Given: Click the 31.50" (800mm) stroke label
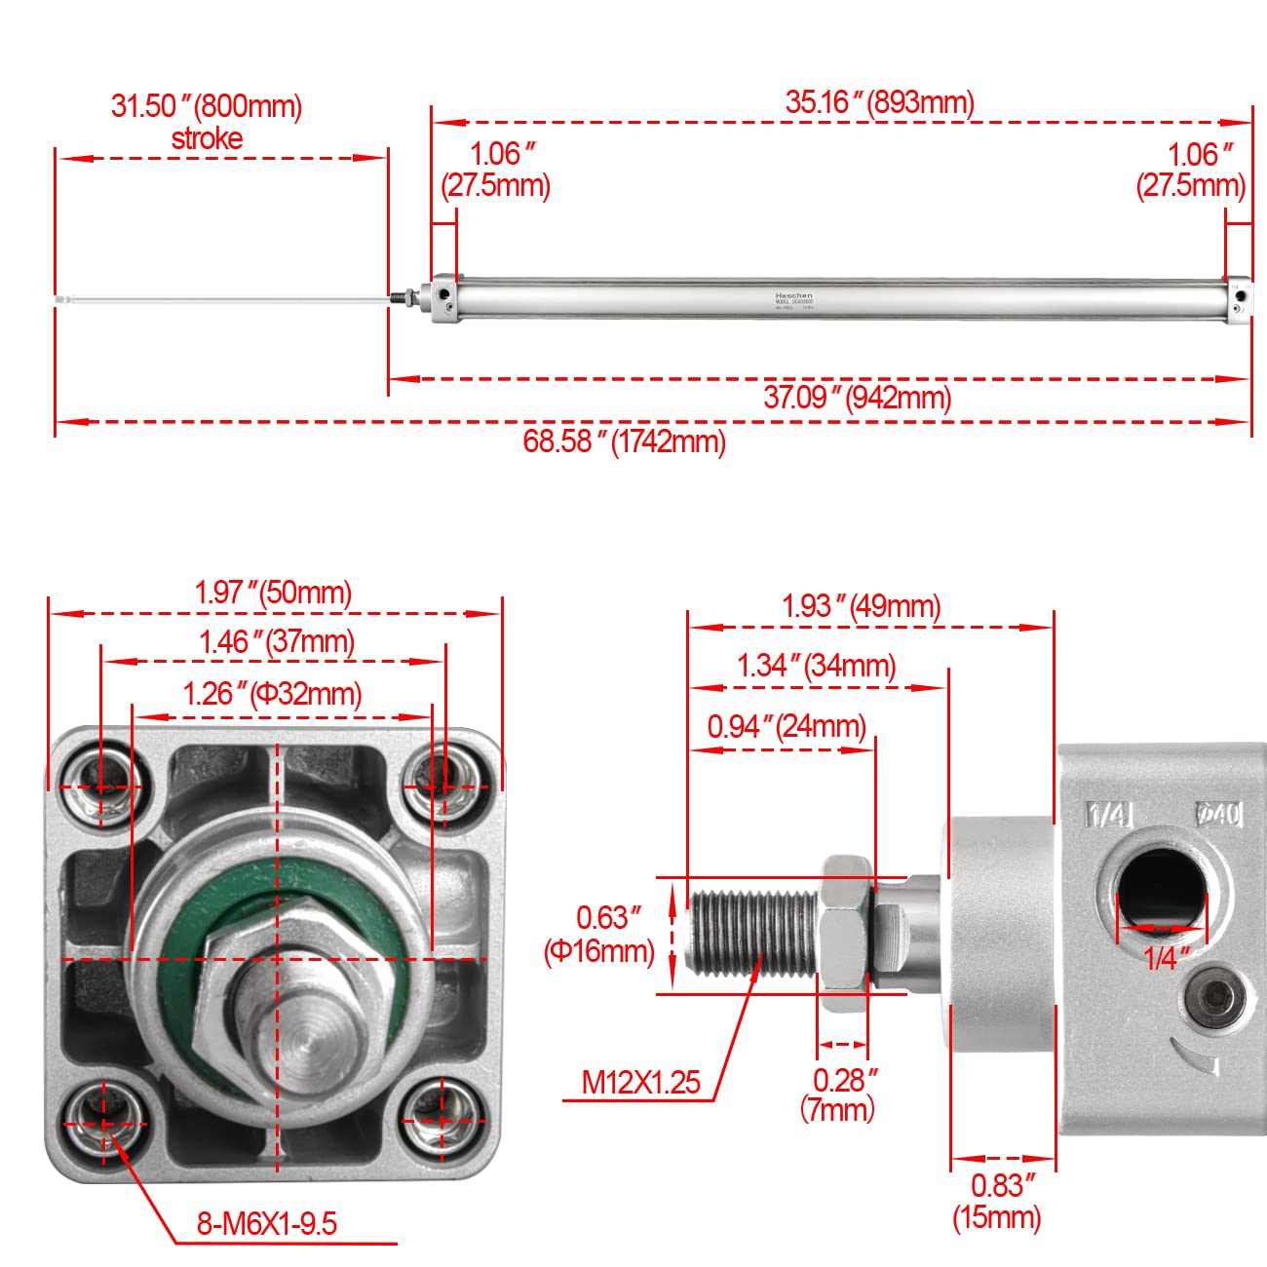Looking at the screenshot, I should (x=207, y=121).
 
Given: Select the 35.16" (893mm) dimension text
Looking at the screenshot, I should (x=879, y=101).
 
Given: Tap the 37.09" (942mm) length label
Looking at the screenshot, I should (x=857, y=397).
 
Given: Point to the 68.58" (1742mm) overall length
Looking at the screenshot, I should (x=624, y=442).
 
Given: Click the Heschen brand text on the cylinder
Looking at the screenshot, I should (x=793, y=295).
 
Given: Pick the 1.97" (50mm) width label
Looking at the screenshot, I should (x=273, y=592).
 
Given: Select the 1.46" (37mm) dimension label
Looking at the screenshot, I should (x=277, y=641).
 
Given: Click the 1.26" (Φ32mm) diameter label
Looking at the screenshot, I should (x=272, y=693).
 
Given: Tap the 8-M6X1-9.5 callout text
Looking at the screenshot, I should (x=266, y=1223).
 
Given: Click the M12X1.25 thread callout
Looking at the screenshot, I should (x=640, y=1082).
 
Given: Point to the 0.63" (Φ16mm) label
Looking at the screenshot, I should (x=598, y=934).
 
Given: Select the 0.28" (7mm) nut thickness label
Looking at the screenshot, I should (x=844, y=1094).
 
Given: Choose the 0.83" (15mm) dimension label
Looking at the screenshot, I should (x=998, y=1201).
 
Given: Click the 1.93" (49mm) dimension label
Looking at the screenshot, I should (x=861, y=606).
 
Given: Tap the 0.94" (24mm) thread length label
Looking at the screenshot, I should (x=787, y=726).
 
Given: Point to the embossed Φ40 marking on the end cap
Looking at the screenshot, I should (x=1219, y=813).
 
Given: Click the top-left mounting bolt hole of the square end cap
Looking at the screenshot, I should (x=99, y=784).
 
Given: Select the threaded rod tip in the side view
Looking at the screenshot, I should (x=725, y=933).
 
